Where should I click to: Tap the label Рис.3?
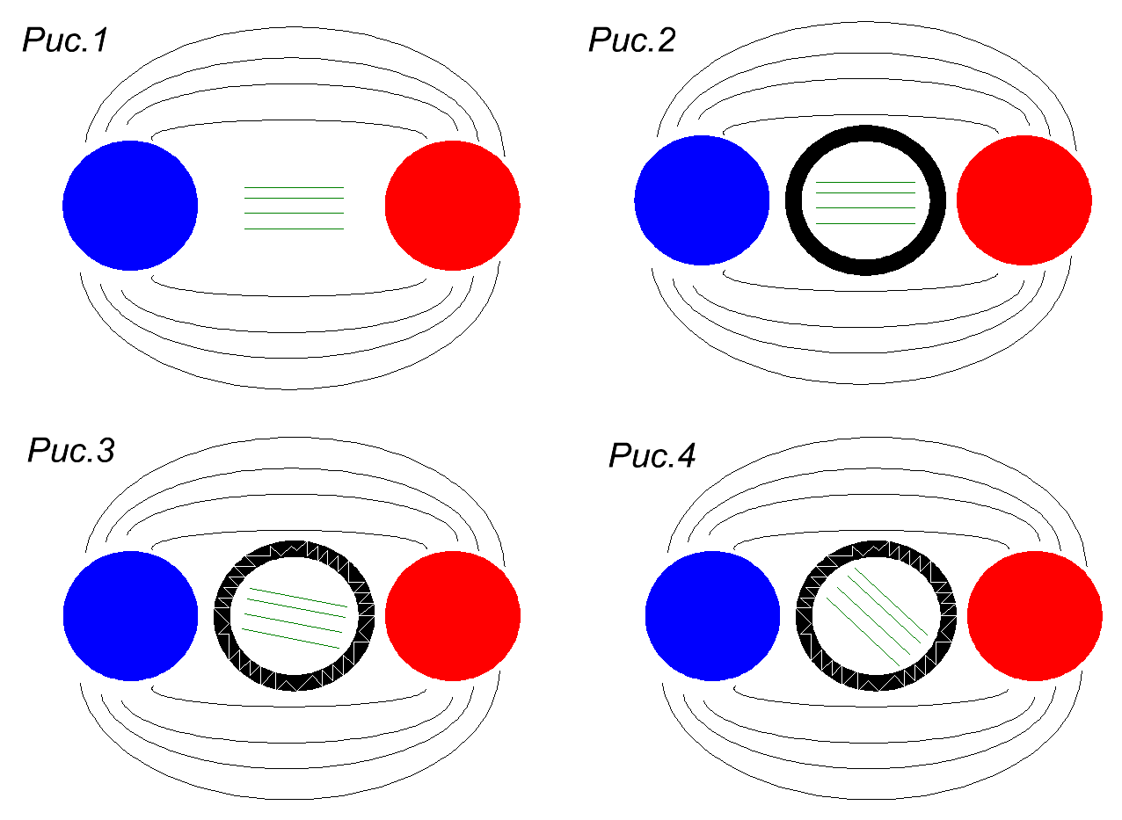[71, 451]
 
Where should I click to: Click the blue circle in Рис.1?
[130, 205]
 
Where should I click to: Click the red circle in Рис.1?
[452, 205]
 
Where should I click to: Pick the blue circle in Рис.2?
[702, 200]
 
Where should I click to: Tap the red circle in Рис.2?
[1024, 200]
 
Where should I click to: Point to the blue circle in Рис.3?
[130, 615]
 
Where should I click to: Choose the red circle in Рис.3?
[452, 615]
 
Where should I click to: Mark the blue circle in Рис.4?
[712, 615]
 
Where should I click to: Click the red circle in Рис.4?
[1034, 615]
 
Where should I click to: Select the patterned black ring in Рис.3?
[295, 549]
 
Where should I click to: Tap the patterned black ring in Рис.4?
[877, 549]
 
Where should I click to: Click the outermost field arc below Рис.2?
[865, 382]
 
